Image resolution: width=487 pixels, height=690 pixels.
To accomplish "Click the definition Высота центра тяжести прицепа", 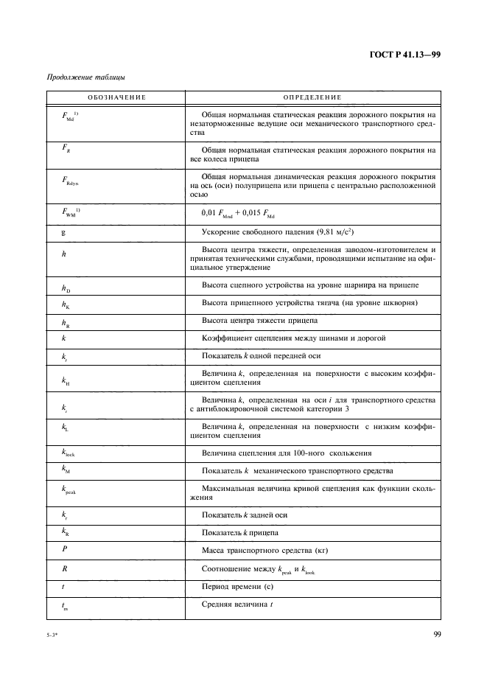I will pyautogui.click(x=259, y=321).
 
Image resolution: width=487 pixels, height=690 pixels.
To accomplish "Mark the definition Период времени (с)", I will pyautogui.click(x=237, y=587).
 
